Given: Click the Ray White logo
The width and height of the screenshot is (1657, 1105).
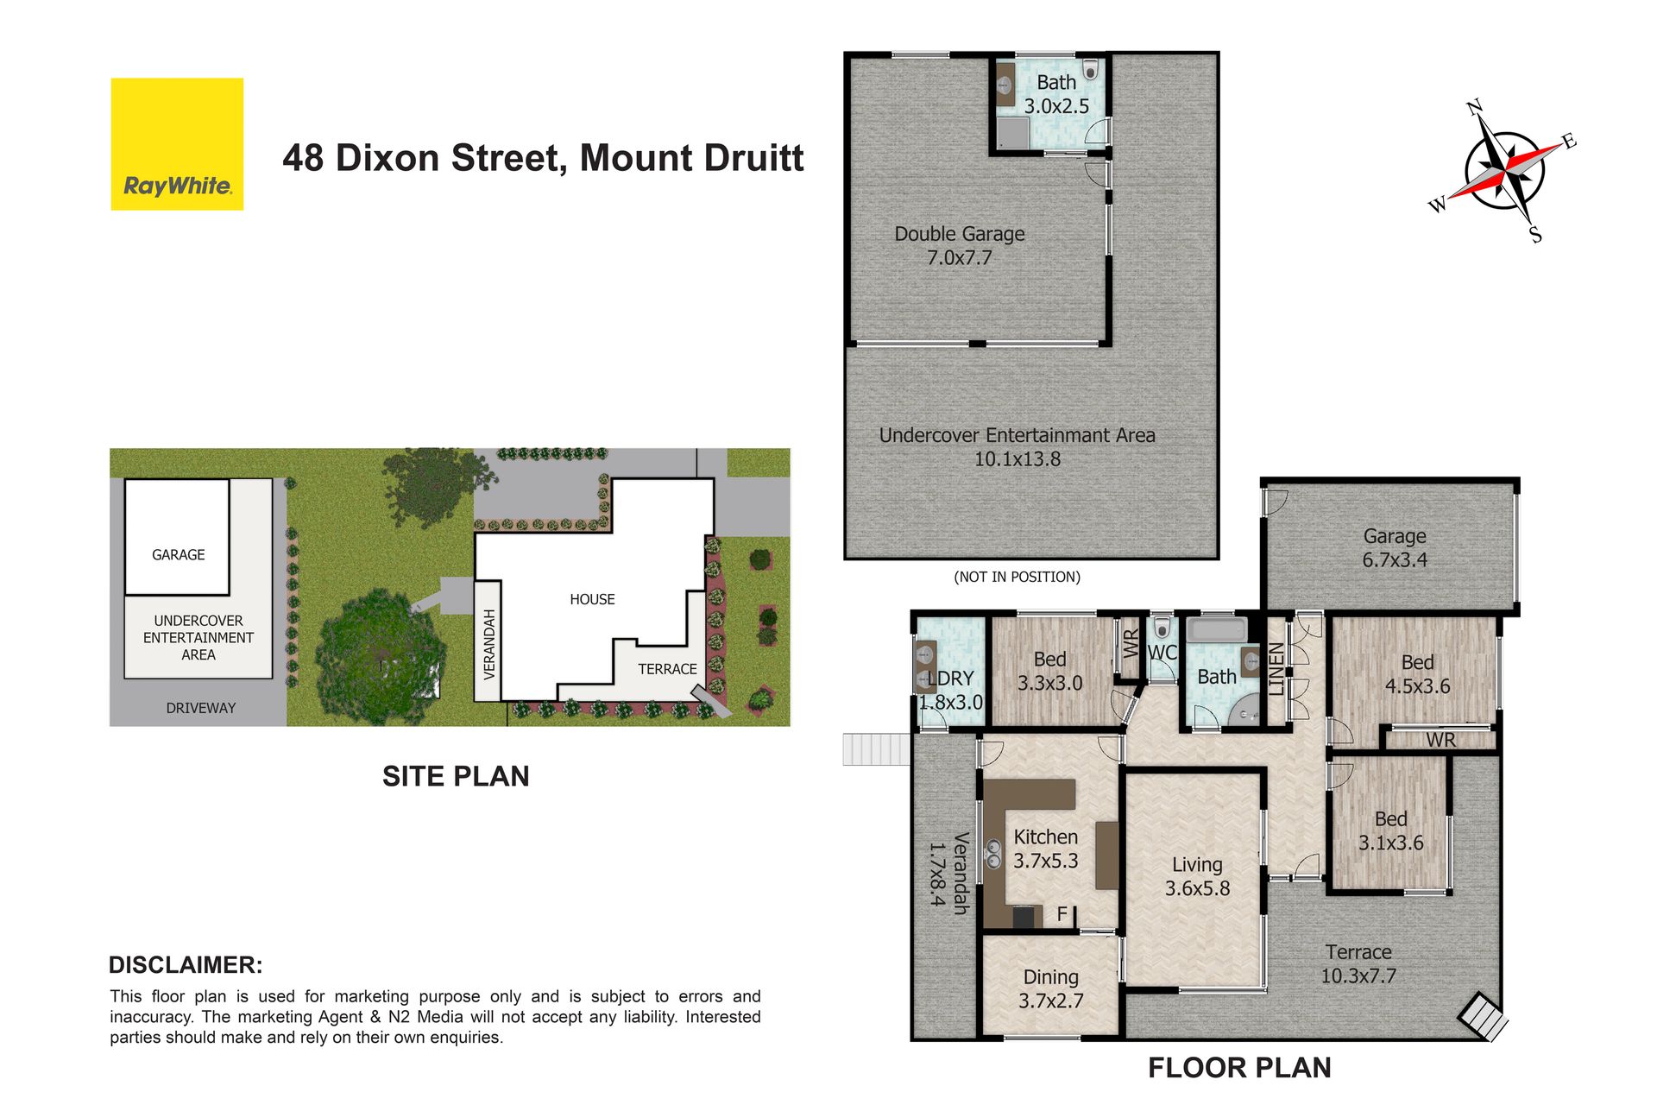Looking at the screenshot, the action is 177,144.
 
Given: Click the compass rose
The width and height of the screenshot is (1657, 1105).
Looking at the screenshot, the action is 1504,171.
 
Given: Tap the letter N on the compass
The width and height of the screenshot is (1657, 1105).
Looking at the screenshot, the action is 1475,108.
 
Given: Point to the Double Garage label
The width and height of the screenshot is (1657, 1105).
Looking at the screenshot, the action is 960,245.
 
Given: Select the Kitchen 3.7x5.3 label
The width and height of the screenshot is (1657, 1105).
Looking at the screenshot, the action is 1046,849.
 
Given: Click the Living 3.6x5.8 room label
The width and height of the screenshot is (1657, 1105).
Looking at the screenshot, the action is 1197,876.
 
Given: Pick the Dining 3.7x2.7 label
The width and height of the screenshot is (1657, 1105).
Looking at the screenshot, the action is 1050,988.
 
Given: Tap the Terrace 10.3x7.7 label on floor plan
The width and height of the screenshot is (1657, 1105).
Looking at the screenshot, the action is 1358,963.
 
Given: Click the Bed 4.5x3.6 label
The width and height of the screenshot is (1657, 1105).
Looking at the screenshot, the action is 1417,674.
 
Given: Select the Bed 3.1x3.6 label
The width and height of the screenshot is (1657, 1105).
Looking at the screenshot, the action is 1390,830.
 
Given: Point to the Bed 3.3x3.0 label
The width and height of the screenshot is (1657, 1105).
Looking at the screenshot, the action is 1049,671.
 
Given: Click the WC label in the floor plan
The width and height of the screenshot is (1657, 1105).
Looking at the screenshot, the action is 1162,653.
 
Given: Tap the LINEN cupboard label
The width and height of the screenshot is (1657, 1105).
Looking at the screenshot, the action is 1276,669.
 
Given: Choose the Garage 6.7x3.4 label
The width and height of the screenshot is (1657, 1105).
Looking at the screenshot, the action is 1395,547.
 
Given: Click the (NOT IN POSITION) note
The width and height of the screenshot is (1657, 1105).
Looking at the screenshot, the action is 1017,577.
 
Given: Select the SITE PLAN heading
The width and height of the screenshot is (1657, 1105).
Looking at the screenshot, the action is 456,776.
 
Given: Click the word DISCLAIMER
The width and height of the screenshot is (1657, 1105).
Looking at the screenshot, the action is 186,965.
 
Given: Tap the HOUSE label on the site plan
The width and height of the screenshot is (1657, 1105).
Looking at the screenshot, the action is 592,599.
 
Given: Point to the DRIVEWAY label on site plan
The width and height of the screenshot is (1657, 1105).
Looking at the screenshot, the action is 201,708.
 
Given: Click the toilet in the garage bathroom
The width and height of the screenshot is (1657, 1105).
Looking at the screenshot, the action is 1090,69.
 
